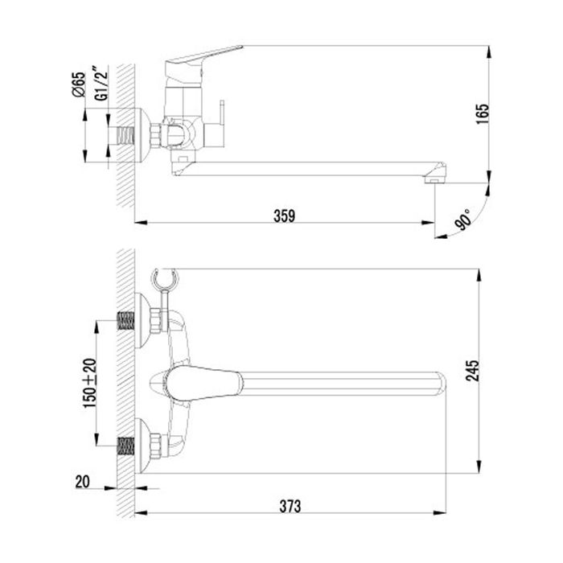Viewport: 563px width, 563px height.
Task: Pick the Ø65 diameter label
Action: [78, 84]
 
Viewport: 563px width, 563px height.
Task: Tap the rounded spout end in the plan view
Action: [434, 383]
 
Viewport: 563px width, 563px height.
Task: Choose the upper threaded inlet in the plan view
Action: [125, 319]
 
